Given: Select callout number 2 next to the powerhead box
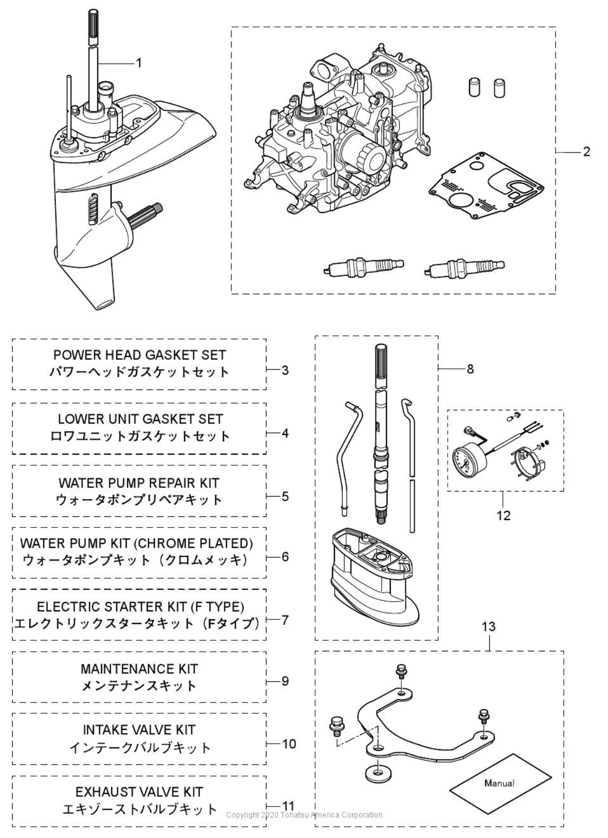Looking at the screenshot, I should (586, 152).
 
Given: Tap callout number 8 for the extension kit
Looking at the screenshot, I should (470, 369).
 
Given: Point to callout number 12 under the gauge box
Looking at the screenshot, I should (503, 515).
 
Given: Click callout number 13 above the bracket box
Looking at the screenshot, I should (488, 627).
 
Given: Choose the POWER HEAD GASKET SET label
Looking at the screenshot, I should (140, 355).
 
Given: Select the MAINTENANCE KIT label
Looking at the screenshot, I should (140, 669).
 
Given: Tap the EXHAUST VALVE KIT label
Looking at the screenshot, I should (140, 792).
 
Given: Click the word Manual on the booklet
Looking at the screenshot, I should (499, 783).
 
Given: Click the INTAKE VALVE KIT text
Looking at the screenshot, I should (140, 730).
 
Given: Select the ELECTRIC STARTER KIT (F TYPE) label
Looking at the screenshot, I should (140, 606).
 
